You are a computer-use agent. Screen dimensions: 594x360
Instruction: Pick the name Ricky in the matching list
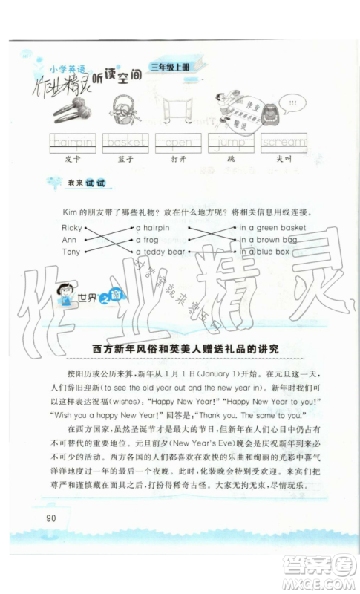(72, 228)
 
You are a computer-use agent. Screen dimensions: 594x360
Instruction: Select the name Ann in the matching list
(69, 240)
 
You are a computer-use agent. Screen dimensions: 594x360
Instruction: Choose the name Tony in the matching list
(71, 252)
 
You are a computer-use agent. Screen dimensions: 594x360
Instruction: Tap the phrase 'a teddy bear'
(160, 252)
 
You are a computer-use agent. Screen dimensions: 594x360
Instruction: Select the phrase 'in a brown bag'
(268, 240)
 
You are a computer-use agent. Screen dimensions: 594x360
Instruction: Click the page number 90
(50, 518)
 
